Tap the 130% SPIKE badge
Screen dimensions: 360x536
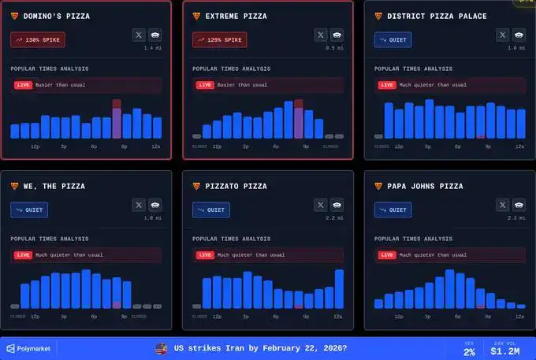click(38, 39)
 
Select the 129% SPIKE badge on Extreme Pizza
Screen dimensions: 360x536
click(219, 39)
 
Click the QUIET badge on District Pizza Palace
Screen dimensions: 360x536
click(392, 39)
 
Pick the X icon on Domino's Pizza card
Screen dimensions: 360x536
click(139, 35)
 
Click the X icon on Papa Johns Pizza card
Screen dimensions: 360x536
click(502, 206)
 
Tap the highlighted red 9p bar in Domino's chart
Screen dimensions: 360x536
click(117, 119)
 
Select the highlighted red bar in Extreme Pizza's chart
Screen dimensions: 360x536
click(299, 119)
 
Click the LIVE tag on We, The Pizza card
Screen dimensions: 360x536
click(23, 255)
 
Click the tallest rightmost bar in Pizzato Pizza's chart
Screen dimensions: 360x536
click(339, 289)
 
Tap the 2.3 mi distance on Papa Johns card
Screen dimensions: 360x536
click(516, 218)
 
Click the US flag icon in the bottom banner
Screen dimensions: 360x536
click(162, 347)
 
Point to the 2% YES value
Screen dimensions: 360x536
click(469, 351)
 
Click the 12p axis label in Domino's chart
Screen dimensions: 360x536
click(35, 147)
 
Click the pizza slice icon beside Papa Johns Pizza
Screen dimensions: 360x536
click(379, 186)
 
